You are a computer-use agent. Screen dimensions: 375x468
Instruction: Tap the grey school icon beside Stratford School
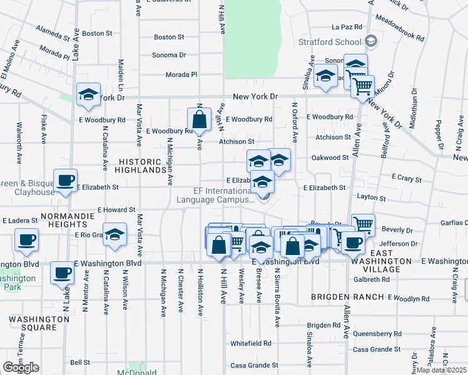point(371,42)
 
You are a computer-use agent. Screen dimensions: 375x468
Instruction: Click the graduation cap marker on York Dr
point(88,94)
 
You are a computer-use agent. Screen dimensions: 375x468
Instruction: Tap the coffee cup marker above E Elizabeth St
point(65,181)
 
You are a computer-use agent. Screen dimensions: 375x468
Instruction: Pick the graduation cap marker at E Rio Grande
point(114,234)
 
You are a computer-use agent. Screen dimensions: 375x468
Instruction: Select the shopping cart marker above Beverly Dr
point(363,224)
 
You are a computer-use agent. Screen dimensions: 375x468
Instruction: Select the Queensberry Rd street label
point(376,334)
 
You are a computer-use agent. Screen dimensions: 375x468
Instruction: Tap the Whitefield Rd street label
point(250,343)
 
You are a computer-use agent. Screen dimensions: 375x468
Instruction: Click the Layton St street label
point(371,197)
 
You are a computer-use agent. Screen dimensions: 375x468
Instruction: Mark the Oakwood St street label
point(330,158)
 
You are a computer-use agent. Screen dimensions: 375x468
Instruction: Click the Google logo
point(21,367)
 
